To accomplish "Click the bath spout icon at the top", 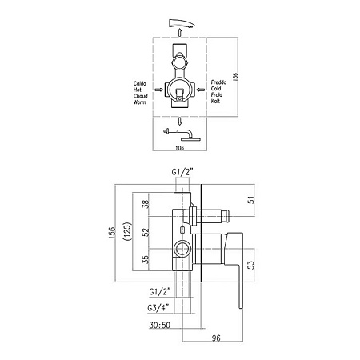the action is (x=182, y=23).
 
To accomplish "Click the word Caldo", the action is (x=140, y=84).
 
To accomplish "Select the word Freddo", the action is (x=218, y=82).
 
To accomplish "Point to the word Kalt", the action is (x=215, y=101).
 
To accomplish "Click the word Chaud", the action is (x=141, y=96).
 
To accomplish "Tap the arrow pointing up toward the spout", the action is (x=180, y=33).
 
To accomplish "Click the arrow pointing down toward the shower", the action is (x=180, y=122).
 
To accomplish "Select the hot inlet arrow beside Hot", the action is (x=159, y=90).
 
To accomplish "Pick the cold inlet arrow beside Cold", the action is (x=201, y=90).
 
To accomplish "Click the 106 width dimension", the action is (x=180, y=148).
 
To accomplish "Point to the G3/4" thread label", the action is (x=158, y=308).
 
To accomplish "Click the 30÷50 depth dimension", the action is (x=160, y=325).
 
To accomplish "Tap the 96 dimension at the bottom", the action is (x=216, y=338).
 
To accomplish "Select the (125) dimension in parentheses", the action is (x=127, y=231).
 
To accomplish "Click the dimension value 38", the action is (x=146, y=204).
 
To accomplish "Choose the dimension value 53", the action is (x=251, y=264).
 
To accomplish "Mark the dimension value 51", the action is (x=251, y=200).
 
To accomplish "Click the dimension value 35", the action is (x=146, y=259).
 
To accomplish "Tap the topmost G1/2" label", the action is (x=182, y=172).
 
